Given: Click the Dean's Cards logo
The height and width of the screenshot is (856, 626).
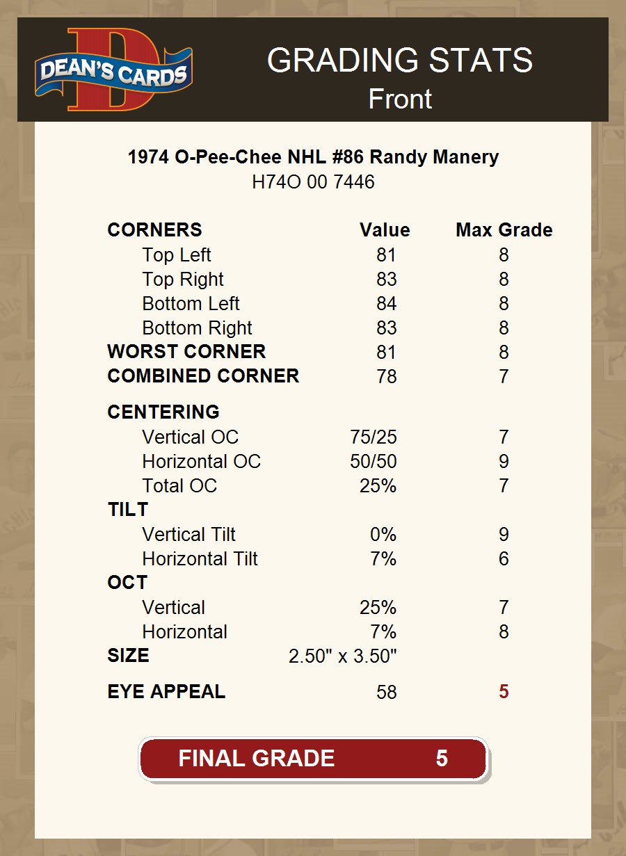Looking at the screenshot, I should [x=114, y=70].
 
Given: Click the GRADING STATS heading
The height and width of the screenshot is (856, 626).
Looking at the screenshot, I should [x=399, y=60].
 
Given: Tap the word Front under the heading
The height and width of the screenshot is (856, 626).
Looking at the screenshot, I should [x=400, y=99].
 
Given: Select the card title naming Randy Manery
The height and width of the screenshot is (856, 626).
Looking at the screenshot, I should [x=313, y=157].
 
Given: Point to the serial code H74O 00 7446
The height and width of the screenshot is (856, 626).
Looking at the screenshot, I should [x=313, y=182].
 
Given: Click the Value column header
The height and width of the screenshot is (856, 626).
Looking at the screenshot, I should [x=385, y=230].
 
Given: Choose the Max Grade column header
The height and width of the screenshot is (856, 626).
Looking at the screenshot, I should [x=504, y=230].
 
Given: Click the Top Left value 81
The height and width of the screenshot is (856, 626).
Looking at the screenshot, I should [x=386, y=255].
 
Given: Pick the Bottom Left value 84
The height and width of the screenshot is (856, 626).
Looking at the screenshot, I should [x=386, y=304].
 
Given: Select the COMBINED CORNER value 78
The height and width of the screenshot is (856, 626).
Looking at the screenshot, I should [x=386, y=377].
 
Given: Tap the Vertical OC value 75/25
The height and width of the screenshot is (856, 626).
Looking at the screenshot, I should [x=374, y=437].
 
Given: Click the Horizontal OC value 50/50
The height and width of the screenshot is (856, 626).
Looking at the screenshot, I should [x=374, y=462].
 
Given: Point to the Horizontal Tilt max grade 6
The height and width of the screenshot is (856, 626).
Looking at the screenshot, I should [x=504, y=559].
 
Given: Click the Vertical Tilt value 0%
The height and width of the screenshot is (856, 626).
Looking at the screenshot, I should [x=383, y=535].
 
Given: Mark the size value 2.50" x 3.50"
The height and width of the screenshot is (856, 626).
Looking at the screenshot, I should [x=342, y=656].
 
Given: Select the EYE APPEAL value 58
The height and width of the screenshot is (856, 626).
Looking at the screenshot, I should [x=386, y=693].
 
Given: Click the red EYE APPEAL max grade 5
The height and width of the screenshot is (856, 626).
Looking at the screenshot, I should [x=504, y=693].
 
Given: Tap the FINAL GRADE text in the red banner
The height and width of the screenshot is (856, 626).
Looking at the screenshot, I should [x=256, y=758].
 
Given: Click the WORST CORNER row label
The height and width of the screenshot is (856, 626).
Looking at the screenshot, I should [x=186, y=352].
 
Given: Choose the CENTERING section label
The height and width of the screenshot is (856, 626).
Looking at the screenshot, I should [x=163, y=412].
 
